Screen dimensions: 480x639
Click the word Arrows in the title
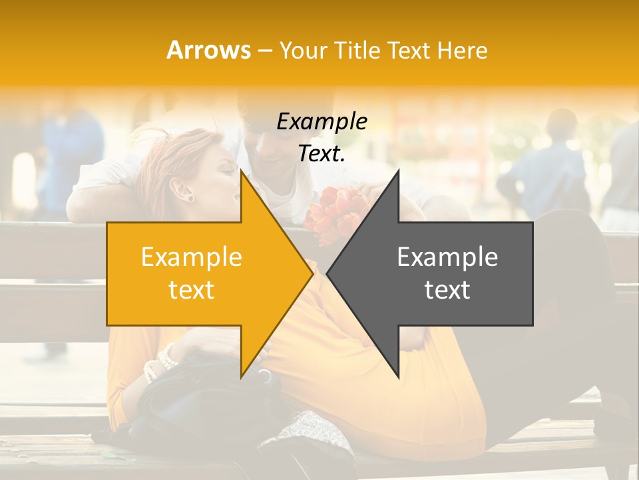pos(209,50)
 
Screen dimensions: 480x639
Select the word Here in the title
pos(463,50)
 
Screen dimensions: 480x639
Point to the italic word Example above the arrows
pos(321,122)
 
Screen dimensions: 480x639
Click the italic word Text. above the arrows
pos(321,154)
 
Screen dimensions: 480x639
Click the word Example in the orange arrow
pos(191,257)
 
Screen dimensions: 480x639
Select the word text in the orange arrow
pos(191,290)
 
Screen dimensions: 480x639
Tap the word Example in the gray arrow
pos(447,257)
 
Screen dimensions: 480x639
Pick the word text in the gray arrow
pos(447,290)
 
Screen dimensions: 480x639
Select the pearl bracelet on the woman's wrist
pos(160,364)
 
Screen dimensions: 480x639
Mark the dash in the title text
pos(264,51)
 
